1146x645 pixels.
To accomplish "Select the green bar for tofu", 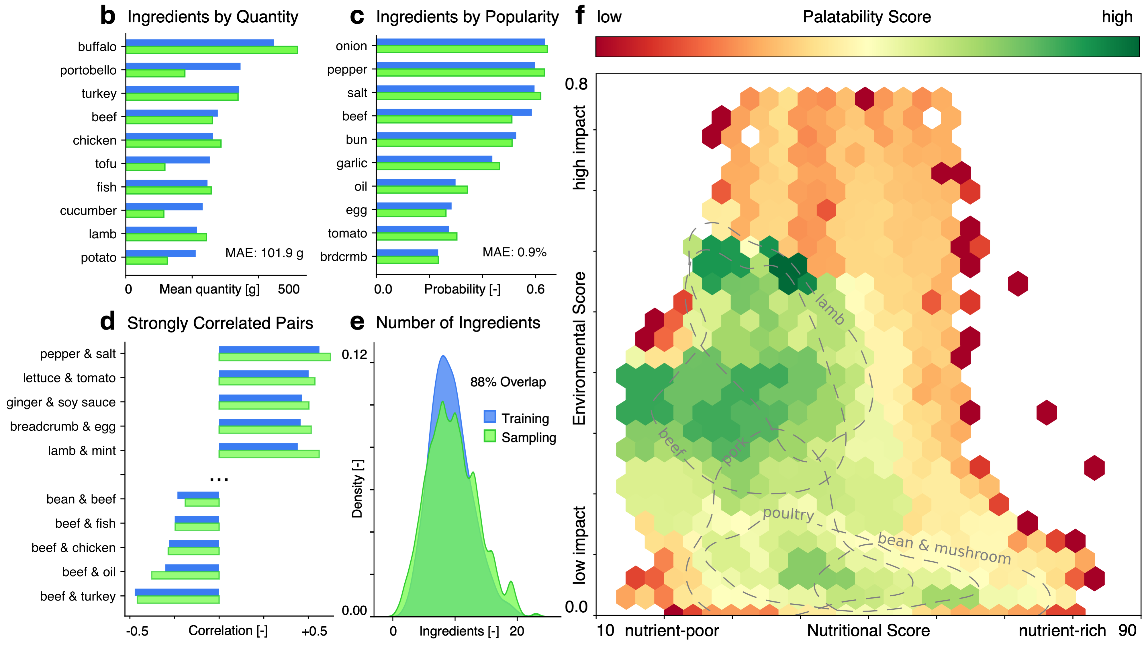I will click(146, 167).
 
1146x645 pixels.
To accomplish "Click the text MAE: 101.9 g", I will click(264, 253).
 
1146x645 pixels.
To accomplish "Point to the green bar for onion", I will click(462, 49).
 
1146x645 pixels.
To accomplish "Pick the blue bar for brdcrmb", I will click(407, 252).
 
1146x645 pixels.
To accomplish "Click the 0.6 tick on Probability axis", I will click(535, 289).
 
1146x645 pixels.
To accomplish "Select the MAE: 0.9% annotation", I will click(514, 252).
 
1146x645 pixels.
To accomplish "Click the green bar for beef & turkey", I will click(178, 600).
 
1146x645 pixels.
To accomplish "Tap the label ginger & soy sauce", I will click(61, 402).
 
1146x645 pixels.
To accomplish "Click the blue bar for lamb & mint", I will click(258, 447).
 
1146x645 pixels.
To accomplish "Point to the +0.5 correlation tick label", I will click(314, 631).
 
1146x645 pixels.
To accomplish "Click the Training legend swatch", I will click(490, 417).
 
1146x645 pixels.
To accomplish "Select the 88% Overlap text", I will click(508, 382).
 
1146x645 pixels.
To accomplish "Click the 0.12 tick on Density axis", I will click(354, 355).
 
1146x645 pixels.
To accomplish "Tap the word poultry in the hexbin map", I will click(788, 514).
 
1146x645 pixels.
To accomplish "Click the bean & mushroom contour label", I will click(944, 548).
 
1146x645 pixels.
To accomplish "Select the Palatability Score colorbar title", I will click(867, 17).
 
